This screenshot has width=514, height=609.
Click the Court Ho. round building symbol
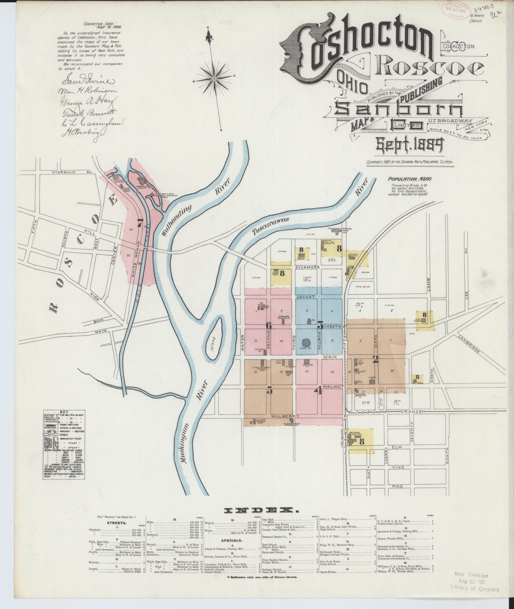click(x=306, y=343)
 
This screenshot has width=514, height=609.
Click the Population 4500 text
click(x=409, y=179)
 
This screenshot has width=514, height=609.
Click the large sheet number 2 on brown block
click(x=375, y=359)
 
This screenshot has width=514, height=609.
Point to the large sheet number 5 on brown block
click(x=269, y=391)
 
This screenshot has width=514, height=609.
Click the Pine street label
click(x=399, y=486)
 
